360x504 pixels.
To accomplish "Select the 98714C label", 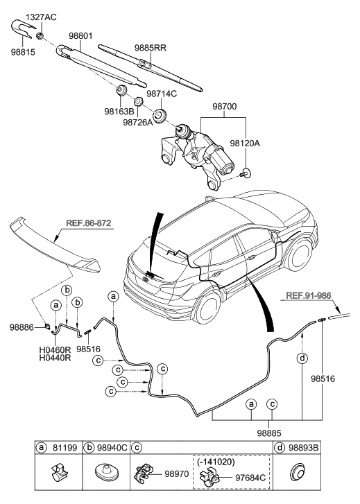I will click(x=163, y=92).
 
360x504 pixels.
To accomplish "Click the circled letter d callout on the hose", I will click(x=302, y=358).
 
